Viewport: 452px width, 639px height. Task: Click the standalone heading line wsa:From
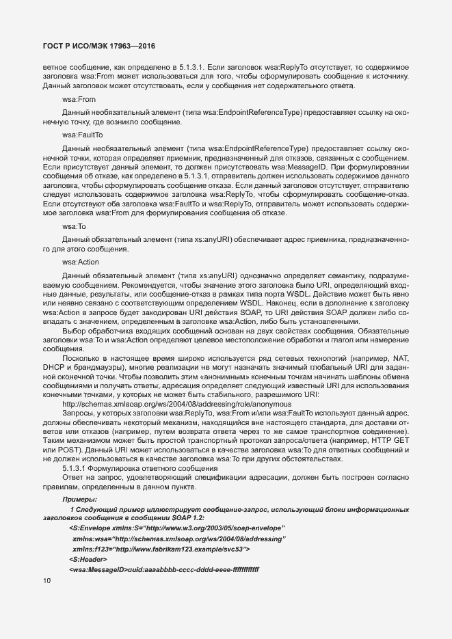[79, 99]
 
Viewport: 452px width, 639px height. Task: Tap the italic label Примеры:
[79, 500]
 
